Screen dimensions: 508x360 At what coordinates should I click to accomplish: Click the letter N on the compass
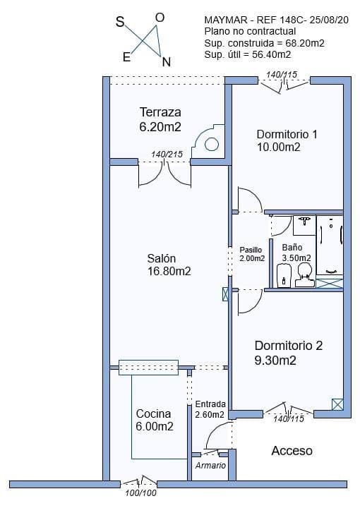coord(166,61)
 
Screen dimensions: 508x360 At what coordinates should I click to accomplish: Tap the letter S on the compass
coord(119,23)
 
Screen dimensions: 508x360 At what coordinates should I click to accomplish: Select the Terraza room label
coord(160,112)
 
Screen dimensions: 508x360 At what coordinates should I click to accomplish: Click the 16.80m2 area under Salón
coord(169,271)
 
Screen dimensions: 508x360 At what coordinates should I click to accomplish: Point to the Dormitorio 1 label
coord(287,134)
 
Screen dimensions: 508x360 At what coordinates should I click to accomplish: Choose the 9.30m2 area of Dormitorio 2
coord(275,361)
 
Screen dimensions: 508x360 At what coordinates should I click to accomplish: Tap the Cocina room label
coord(154,413)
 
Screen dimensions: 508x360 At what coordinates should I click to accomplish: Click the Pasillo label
coord(251,250)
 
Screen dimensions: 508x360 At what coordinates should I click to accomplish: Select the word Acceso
coord(292,450)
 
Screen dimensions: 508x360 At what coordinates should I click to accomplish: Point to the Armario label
coord(210,466)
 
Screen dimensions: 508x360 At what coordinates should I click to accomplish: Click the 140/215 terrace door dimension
coord(167,155)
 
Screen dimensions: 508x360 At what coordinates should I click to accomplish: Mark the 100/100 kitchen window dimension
coord(140,493)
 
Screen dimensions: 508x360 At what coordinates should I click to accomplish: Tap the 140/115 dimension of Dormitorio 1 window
coord(280,74)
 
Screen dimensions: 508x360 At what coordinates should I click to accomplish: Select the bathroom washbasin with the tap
coord(304,224)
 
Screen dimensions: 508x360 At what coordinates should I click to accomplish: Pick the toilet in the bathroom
coord(304,276)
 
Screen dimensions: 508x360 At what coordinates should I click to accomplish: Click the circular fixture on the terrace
coord(212,144)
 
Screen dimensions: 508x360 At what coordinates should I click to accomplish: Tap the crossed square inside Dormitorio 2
coord(337,404)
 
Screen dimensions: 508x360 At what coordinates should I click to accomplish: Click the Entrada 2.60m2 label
coord(210,409)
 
